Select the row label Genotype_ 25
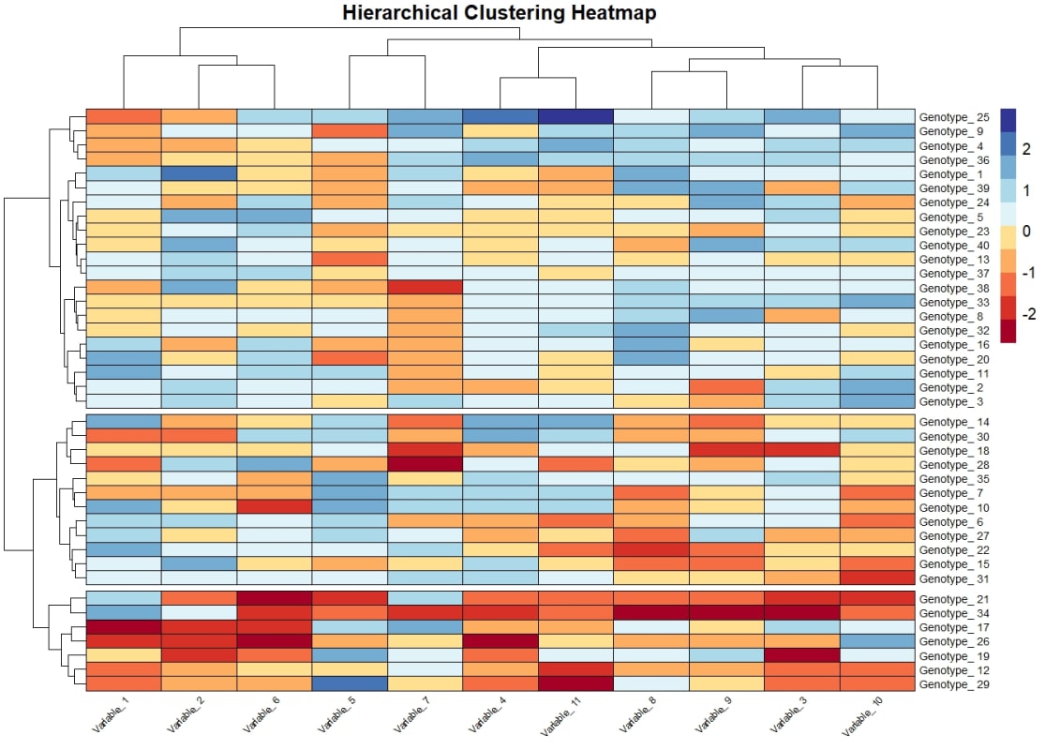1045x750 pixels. click(954, 117)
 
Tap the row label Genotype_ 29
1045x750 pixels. click(954, 684)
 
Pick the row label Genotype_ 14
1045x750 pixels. click(954, 423)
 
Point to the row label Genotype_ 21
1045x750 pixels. click(954, 599)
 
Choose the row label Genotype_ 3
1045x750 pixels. click(951, 401)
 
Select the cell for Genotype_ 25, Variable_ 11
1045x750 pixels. click(575, 116)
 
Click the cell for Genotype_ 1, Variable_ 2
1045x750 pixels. click(199, 173)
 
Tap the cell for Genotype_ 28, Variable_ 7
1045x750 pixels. click(425, 464)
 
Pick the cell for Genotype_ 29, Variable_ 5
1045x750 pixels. click(350, 683)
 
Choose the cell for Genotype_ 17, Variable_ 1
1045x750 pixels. click(124, 626)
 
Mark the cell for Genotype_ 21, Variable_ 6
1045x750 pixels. click(274, 598)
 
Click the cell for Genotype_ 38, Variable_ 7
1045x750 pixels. click(425, 287)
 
